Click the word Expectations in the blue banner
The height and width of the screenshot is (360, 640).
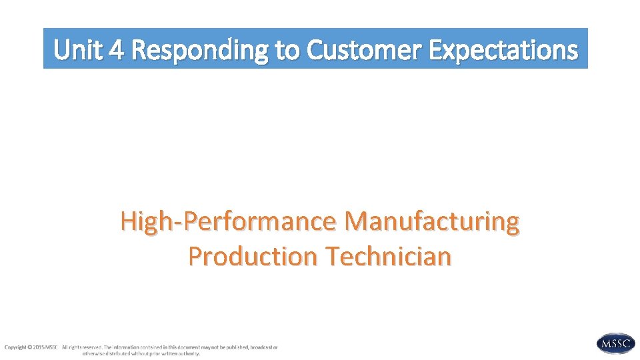[x=503, y=49]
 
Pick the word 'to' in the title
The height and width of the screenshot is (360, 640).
[x=287, y=49]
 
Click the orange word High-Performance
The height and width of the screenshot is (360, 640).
[x=229, y=222]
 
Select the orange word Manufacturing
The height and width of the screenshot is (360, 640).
[x=432, y=222]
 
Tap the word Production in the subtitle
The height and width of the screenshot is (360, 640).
[x=253, y=256]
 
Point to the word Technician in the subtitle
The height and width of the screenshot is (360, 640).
[x=388, y=256]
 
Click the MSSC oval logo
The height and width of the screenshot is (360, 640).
[x=615, y=343]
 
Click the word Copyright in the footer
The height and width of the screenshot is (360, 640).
[x=16, y=347]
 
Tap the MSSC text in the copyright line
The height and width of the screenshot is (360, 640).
[x=52, y=347]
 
